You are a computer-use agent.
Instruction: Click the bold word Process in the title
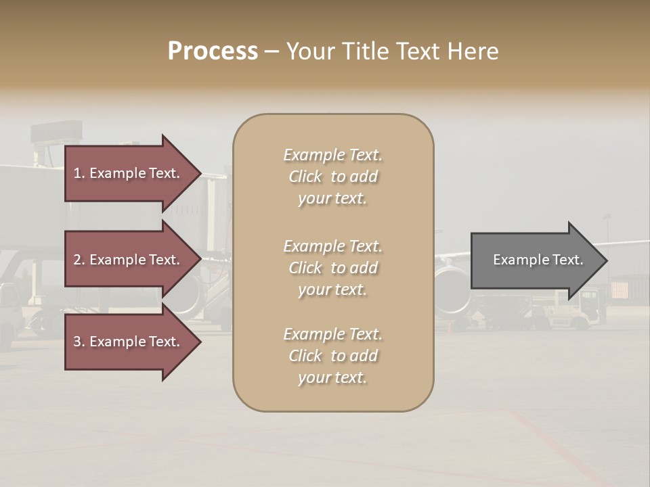(213, 51)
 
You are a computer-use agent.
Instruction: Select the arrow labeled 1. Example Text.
(129, 173)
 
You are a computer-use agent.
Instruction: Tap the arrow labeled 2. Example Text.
(129, 260)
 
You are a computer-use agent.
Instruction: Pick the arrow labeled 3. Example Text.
(129, 342)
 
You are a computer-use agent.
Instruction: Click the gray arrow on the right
(535, 260)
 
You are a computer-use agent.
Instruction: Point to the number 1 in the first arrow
(77, 174)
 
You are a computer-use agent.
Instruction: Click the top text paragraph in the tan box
(332, 177)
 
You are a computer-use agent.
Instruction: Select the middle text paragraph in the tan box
(332, 268)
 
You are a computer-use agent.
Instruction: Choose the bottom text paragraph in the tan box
(332, 356)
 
